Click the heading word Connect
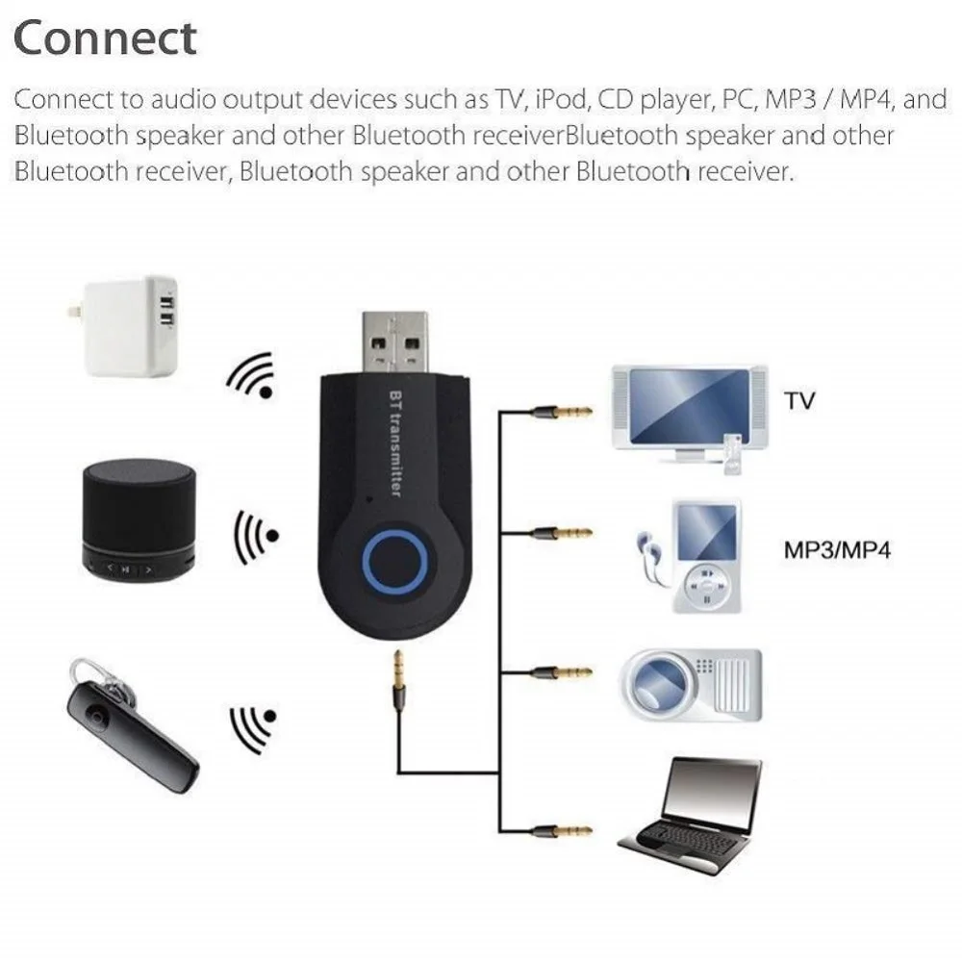point(106,38)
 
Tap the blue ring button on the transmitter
point(392,558)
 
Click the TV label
point(798,400)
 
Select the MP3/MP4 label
point(836,551)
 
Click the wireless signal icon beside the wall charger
point(252,376)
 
